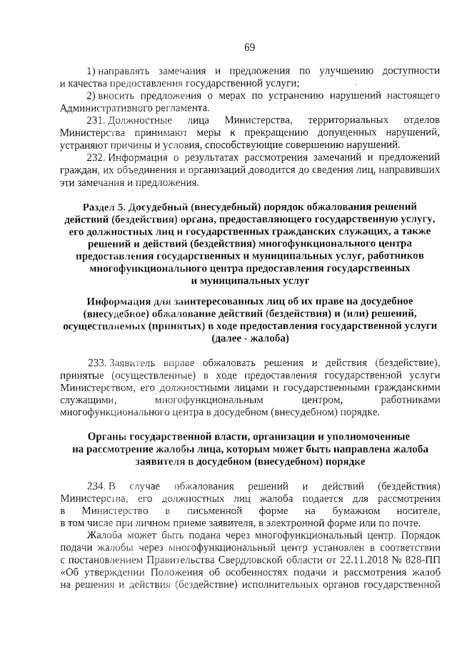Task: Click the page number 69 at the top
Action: coord(249,47)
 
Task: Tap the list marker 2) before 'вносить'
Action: coord(91,96)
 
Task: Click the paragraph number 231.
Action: coord(96,119)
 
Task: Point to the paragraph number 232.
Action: coord(96,157)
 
